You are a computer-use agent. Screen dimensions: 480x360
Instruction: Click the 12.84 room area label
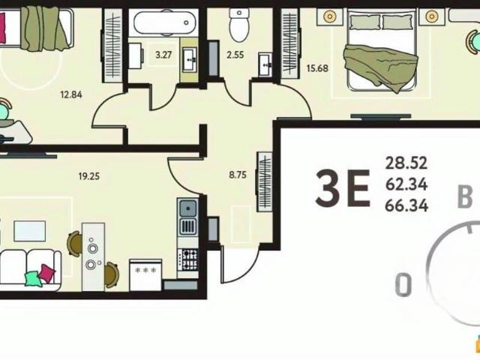tap(71, 94)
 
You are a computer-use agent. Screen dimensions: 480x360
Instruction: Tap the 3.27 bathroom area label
tap(163, 55)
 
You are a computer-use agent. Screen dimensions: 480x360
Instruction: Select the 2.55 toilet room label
tap(235, 55)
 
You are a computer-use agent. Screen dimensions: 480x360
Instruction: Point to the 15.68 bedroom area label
tap(317, 68)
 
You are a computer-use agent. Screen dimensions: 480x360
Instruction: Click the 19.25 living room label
tap(89, 176)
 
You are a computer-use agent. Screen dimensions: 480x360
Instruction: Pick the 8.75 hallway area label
tap(238, 175)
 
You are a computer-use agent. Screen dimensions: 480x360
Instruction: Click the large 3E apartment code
tap(343, 188)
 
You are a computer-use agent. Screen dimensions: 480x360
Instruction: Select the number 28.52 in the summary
tap(406, 163)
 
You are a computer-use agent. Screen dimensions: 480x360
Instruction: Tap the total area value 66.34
tap(406, 205)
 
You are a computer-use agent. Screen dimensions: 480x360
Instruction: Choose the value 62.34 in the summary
tap(406, 184)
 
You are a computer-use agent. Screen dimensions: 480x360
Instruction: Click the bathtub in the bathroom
tap(163, 22)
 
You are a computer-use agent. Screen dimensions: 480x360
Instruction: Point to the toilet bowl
tap(239, 25)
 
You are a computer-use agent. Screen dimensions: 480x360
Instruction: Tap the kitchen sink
tap(187, 208)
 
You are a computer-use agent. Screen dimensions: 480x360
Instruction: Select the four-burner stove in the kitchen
tap(187, 259)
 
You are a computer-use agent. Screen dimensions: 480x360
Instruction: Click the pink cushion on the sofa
tap(46, 273)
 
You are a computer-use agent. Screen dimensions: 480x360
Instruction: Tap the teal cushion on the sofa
tap(33, 278)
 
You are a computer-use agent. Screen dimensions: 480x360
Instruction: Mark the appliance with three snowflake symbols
tap(145, 275)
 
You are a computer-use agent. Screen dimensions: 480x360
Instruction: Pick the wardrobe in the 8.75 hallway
tap(265, 181)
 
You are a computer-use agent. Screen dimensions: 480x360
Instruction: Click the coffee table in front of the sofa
tap(30, 231)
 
